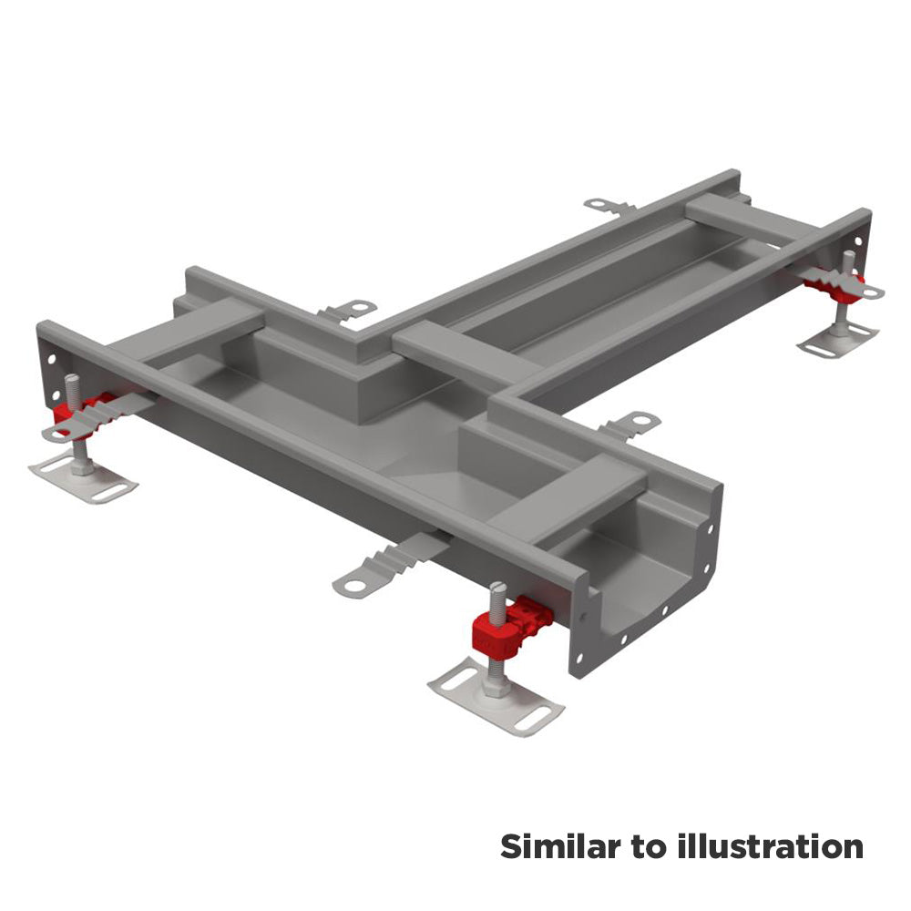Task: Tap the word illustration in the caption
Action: (x=770, y=846)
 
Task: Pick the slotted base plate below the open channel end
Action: (x=496, y=697)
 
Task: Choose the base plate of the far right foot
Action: (x=838, y=341)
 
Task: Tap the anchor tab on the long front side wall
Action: (x=389, y=567)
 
